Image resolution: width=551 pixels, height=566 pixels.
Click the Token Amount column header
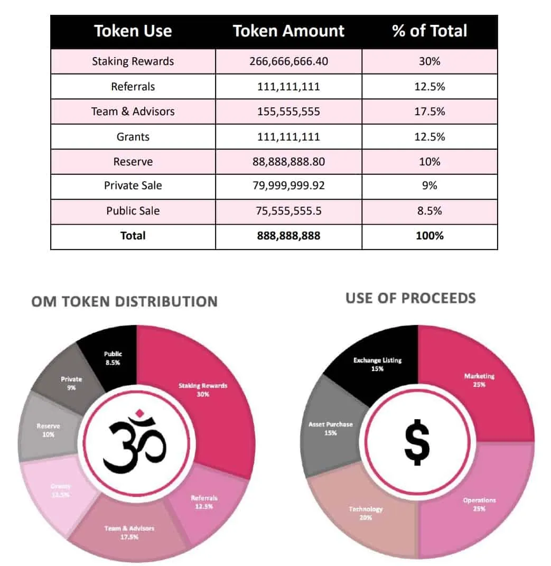click(288, 31)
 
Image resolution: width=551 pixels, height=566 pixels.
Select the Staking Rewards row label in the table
click(133, 61)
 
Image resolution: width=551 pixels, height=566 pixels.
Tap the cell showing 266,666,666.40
click(288, 61)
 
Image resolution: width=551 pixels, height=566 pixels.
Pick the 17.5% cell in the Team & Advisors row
click(429, 112)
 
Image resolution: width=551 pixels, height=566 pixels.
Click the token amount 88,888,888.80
click(288, 162)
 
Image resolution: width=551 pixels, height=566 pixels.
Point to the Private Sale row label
click(133, 185)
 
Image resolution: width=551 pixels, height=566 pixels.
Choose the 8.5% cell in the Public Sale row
click(429, 211)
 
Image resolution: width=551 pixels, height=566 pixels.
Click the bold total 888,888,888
click(288, 236)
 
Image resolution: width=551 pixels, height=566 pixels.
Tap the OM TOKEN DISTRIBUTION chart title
click(124, 302)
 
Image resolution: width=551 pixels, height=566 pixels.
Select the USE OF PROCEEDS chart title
click(410, 298)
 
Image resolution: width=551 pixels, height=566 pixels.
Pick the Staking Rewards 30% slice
click(203, 389)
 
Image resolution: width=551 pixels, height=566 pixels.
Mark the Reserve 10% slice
click(49, 430)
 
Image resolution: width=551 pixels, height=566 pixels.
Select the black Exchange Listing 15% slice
click(377, 364)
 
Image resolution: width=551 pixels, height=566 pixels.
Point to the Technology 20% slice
click(366, 513)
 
